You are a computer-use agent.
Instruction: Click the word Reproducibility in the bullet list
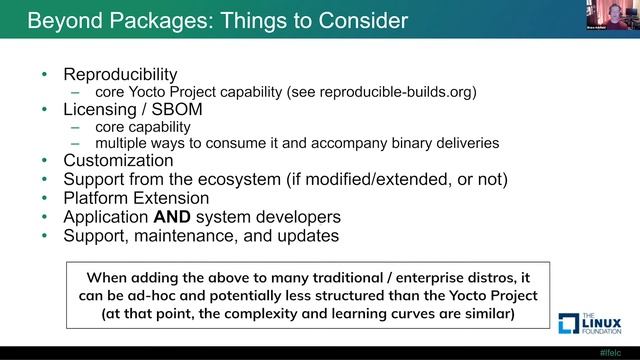(x=120, y=74)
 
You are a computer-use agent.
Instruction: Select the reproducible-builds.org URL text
(x=393, y=91)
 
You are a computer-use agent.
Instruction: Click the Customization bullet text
(x=118, y=160)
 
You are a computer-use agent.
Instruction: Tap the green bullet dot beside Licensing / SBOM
(x=43, y=109)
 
